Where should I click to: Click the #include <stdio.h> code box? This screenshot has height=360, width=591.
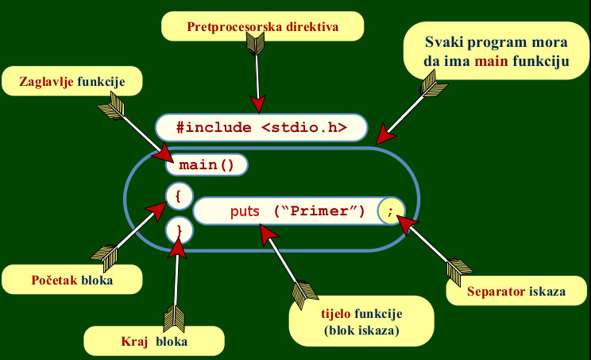(x=262, y=126)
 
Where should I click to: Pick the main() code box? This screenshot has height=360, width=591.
(x=207, y=165)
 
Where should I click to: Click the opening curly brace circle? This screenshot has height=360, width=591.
(x=179, y=194)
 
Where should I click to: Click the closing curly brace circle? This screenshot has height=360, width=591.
(x=179, y=230)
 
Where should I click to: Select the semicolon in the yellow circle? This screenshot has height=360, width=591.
(x=392, y=211)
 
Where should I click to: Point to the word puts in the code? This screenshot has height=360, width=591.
(x=245, y=211)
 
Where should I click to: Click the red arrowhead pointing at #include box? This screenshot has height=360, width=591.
(x=258, y=103)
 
